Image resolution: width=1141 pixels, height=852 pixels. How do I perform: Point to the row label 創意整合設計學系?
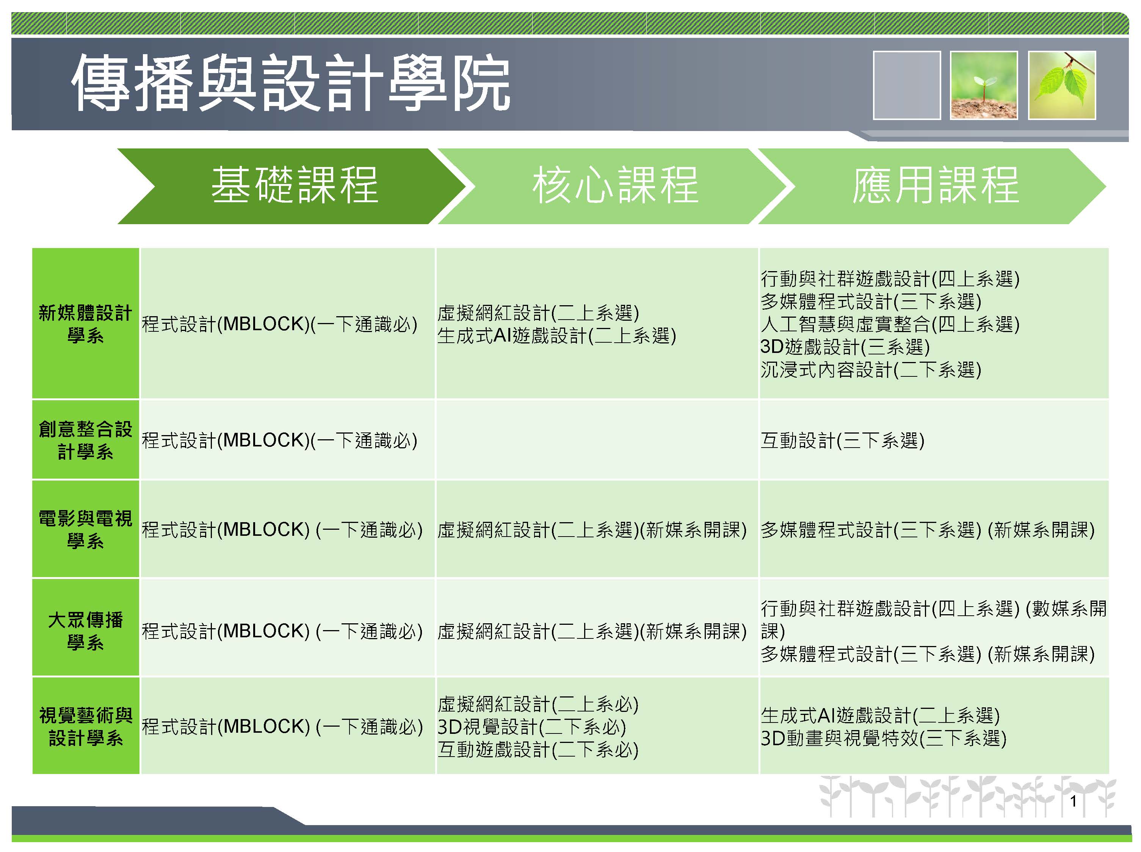click(86, 440)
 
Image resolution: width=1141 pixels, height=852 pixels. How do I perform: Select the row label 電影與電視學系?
click(86, 529)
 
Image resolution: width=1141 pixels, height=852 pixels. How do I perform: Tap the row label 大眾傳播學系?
click(86, 631)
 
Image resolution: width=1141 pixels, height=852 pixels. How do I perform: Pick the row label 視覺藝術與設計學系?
click(86, 727)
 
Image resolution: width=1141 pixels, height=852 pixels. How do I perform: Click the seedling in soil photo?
click(984, 85)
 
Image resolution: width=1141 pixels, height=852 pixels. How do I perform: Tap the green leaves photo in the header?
click(1062, 85)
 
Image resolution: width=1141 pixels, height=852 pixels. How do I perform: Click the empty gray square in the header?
click(907, 85)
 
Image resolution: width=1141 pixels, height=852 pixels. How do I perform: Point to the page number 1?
click(1074, 802)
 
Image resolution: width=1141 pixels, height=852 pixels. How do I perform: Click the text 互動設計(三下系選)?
click(842, 440)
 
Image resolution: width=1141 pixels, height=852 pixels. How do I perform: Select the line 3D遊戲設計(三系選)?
click(845, 347)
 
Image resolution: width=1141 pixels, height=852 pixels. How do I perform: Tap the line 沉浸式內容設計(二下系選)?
click(871, 370)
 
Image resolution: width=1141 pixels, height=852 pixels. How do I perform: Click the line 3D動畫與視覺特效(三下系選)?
click(884, 738)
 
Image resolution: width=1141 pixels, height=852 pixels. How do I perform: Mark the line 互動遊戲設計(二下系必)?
click(538, 749)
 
